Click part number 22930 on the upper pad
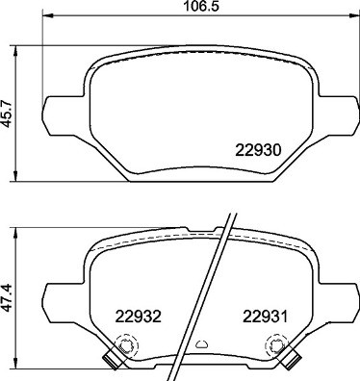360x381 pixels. [258, 150]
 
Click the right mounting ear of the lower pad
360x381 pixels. [333, 292]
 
